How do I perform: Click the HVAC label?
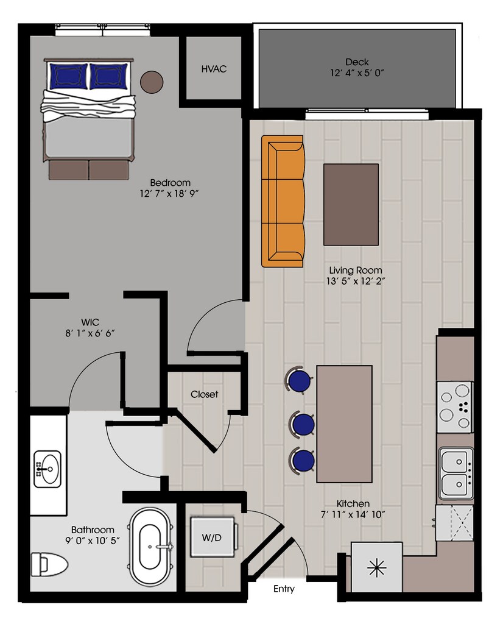[x=214, y=69]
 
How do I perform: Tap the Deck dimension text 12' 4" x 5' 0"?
[x=356, y=73]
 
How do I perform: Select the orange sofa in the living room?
[x=283, y=201]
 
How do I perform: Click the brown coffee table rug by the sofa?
[x=351, y=204]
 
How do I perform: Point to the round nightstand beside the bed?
[x=152, y=82]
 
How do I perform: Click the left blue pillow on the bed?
[x=68, y=76]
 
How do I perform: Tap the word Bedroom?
[x=171, y=183]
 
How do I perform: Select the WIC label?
[x=90, y=321]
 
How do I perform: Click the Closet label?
[x=204, y=394]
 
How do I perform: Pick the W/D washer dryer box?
[x=211, y=537]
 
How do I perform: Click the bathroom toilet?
[x=49, y=564]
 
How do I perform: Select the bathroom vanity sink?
[x=47, y=469]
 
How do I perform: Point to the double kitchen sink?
[x=455, y=474]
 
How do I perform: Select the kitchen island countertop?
[x=344, y=424]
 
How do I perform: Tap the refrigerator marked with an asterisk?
[x=377, y=568]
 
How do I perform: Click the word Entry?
[x=284, y=589]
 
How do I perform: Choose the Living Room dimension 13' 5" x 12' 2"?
[x=356, y=281]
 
